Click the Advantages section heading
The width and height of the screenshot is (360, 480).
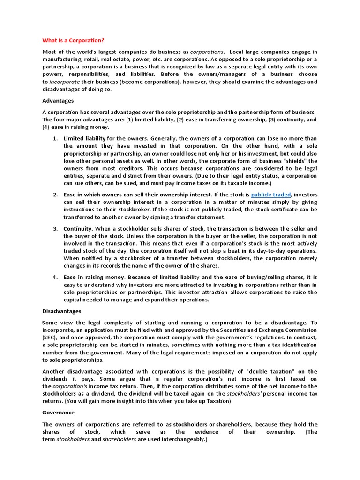coord(58,100)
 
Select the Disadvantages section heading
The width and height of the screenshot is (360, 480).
coord(62,311)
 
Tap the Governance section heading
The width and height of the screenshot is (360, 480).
coord(58,412)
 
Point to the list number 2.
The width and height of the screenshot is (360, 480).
coord(55,194)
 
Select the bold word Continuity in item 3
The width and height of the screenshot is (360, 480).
coord(78,228)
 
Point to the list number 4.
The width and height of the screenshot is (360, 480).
coord(55,277)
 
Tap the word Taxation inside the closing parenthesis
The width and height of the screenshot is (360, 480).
coord(216,401)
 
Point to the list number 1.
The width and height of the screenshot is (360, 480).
coord(55,138)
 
